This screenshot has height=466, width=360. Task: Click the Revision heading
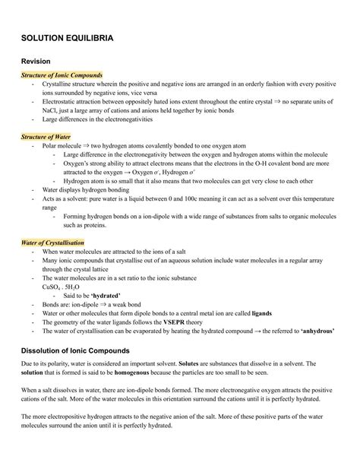pos(36,60)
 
